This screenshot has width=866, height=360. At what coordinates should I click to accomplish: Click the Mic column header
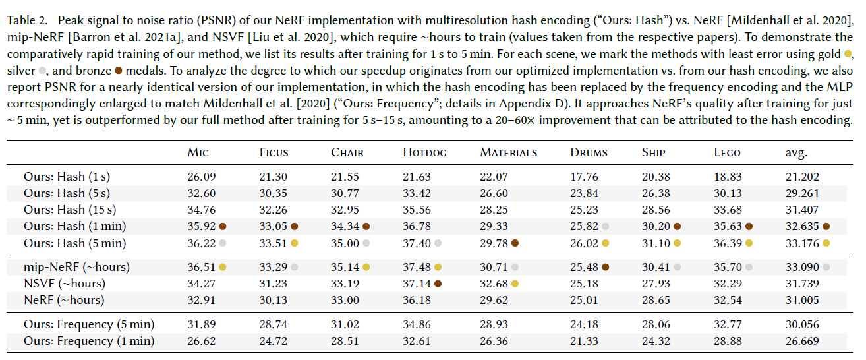click(x=198, y=152)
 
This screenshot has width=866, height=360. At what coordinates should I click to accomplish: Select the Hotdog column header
click(x=424, y=152)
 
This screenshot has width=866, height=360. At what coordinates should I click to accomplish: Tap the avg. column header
click(x=792, y=152)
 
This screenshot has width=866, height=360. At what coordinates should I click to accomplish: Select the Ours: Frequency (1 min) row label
click(x=89, y=341)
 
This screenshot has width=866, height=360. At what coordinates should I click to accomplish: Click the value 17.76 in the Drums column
click(x=584, y=177)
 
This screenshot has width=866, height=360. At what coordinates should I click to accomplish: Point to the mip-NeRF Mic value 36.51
click(x=201, y=267)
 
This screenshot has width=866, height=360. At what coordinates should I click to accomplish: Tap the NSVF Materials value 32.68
click(x=494, y=284)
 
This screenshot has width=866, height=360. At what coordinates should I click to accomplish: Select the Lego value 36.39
click(x=728, y=243)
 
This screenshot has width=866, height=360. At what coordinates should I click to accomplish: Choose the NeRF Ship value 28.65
click(x=655, y=300)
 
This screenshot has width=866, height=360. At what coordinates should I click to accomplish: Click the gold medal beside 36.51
click(x=223, y=267)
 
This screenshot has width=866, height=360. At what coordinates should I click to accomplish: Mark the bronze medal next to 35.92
click(x=223, y=226)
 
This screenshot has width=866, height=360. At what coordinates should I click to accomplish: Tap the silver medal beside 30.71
click(x=515, y=267)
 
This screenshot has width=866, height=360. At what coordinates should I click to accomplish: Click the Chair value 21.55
click(x=345, y=177)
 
